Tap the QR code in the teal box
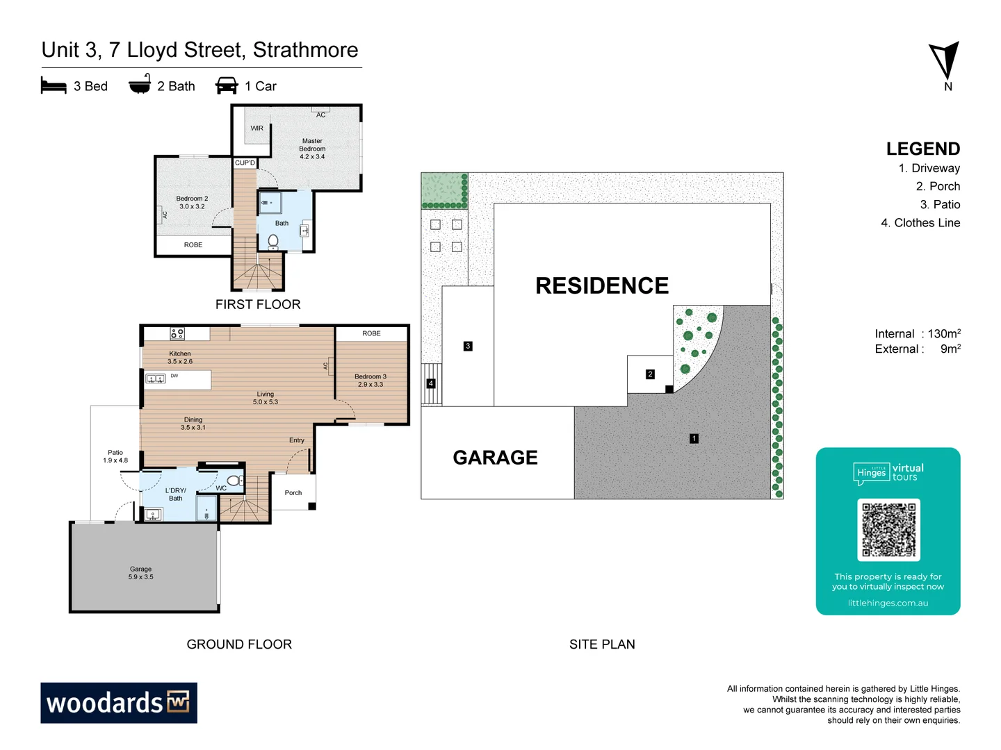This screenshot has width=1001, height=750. coord(888,530)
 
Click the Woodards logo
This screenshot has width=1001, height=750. coord(119,703)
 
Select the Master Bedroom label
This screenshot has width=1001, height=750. coord(312,149)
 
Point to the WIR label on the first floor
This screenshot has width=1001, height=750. coord(257,128)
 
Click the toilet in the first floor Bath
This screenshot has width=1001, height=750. coord(273,241)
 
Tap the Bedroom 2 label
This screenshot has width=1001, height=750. coord(192,203)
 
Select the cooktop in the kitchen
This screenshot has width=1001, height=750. coord(177,334)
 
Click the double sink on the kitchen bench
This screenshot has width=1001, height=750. coord(155,378)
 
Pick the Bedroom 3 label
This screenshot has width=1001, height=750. coord(371,381)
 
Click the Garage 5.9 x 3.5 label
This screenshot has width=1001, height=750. coord(140,573)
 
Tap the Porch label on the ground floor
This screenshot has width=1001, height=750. coord(293,493)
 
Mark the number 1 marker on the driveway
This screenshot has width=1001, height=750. coord(694,439)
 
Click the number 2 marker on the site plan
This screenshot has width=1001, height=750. coord(650,374)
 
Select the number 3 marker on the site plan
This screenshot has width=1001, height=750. coord(468,346)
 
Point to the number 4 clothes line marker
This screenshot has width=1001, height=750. coord(431,383)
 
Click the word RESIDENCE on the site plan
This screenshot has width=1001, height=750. coord(602,286)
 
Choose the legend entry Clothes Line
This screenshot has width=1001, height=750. coord(927,223)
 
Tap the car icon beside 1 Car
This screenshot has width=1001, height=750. coord(227,86)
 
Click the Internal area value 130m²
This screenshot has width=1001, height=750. coord(944,334)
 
